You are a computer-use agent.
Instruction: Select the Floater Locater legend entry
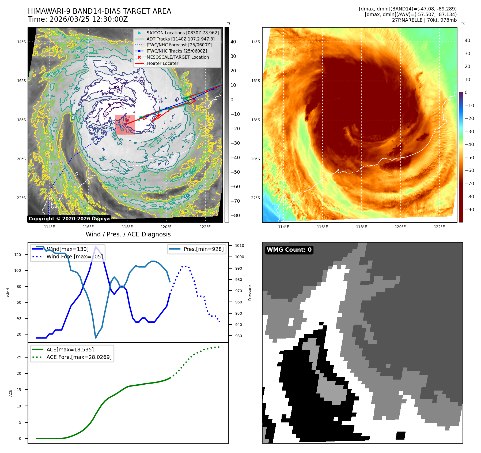click(162, 64)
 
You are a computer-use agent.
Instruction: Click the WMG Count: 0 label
click(289, 250)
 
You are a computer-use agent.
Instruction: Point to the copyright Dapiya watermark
click(69, 219)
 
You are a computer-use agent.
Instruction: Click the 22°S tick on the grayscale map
click(21, 198)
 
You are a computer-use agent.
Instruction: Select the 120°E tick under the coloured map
click(400, 227)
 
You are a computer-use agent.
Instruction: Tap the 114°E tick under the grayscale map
click(50, 227)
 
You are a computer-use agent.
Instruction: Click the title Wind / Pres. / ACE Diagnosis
click(128, 234)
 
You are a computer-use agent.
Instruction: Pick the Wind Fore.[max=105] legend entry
click(74, 257)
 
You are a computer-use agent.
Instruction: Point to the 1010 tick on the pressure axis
click(239, 246)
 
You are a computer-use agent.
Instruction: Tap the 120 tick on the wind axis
click(18, 255)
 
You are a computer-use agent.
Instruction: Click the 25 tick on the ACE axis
click(19, 357)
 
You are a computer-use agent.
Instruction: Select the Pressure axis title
click(250, 293)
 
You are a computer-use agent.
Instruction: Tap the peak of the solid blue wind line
click(96, 247)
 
